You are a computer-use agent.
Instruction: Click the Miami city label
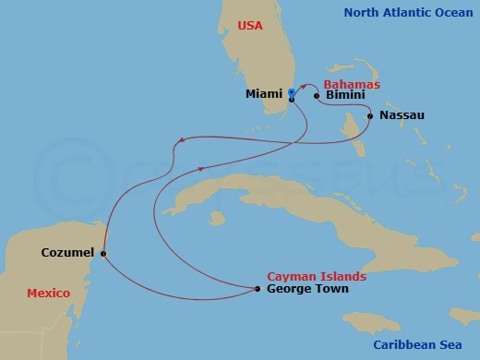tap(264, 94)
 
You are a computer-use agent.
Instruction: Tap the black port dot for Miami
tap(291, 99)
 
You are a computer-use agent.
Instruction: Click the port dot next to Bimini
tap(317, 95)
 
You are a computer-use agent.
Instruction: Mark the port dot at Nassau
tap(370, 116)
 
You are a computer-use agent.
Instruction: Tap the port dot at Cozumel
tap(103, 254)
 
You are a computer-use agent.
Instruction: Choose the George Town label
tap(307, 289)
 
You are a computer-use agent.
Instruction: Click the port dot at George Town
tap(257, 289)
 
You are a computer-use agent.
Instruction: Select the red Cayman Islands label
tap(316, 276)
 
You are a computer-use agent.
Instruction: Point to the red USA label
tap(250, 27)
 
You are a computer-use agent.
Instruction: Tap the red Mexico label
tap(48, 293)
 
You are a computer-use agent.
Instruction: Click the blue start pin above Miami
tap(292, 92)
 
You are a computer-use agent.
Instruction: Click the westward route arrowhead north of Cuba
tap(180, 141)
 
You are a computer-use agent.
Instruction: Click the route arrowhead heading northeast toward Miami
tap(201, 168)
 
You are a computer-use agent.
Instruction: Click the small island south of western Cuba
tap(218, 219)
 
